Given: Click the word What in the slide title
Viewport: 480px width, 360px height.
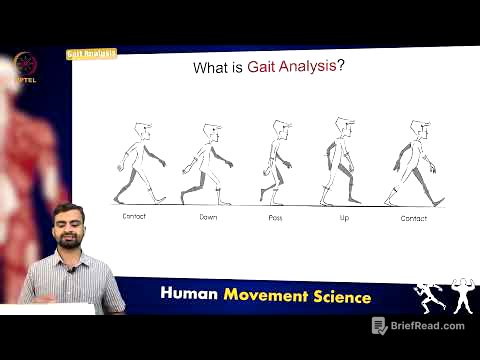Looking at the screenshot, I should point(212,71).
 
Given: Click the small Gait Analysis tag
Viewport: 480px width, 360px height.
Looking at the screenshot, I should point(91,53).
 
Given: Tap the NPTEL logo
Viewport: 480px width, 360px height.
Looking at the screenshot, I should point(21,67).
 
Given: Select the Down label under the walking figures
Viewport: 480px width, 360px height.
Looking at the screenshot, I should point(208,216).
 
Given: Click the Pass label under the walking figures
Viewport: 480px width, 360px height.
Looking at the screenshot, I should point(276,216).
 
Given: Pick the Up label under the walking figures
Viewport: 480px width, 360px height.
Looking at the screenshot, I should point(343,216).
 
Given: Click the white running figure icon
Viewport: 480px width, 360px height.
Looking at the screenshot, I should point(427,297).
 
